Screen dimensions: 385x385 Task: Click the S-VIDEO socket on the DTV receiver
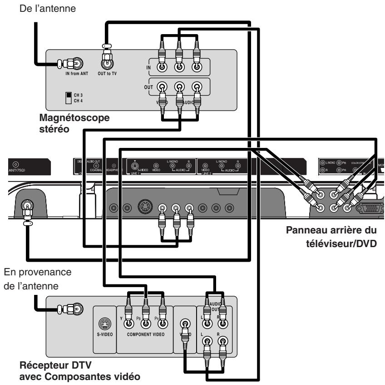[104, 324]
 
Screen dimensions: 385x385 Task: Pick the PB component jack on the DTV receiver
[146, 324]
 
